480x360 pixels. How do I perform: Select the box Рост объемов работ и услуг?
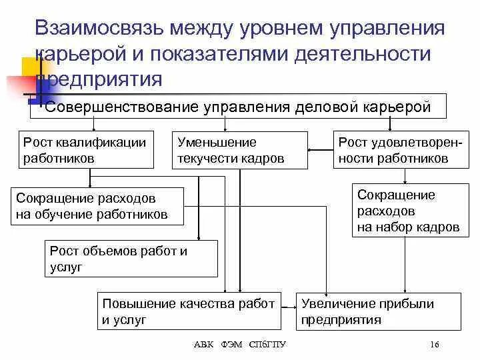click(x=131, y=259)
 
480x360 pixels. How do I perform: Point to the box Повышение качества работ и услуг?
click(x=188, y=311)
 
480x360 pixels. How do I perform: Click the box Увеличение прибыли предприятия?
click(x=378, y=311)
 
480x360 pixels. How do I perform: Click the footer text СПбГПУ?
click(x=267, y=345)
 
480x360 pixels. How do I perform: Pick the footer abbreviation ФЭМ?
click(x=233, y=345)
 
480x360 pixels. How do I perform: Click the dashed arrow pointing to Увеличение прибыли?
click(x=289, y=309)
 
